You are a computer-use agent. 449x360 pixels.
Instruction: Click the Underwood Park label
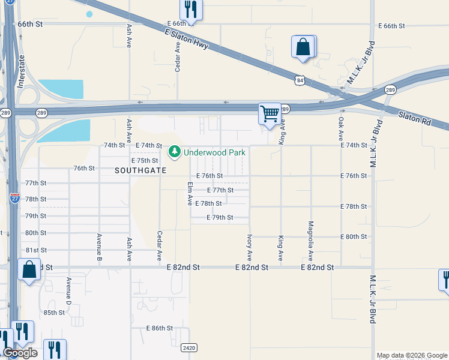tap(214, 152)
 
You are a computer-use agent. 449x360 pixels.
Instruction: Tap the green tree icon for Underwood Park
tap(175, 152)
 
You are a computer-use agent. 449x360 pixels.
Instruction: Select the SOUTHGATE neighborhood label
tap(139, 170)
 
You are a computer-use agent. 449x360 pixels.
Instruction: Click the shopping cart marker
tap(270, 113)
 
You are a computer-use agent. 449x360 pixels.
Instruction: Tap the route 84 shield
tap(299, 80)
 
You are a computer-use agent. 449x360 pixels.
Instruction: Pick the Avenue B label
tap(99, 248)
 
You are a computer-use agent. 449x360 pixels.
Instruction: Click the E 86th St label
tap(160, 329)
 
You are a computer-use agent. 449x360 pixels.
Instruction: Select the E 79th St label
tap(219, 217)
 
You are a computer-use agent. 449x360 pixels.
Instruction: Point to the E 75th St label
tap(145, 161)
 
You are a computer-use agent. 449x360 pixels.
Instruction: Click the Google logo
tap(20, 353)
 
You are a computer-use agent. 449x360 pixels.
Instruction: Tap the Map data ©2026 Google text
tap(412, 355)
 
